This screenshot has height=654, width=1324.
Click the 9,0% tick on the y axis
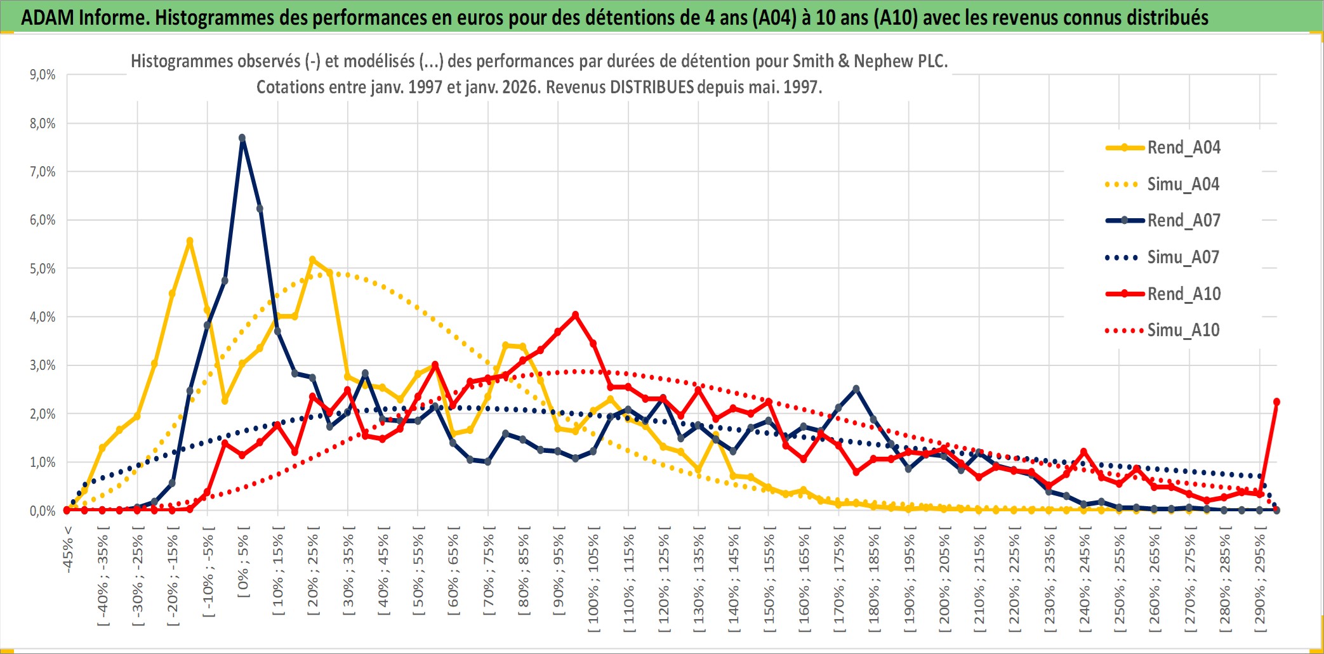43,75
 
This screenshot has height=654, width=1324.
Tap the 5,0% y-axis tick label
43,269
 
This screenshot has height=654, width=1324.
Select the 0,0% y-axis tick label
43,511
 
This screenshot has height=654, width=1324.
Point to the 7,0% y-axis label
43,172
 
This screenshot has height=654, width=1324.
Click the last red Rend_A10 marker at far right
1276,402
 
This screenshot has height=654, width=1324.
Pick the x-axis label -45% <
69,549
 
